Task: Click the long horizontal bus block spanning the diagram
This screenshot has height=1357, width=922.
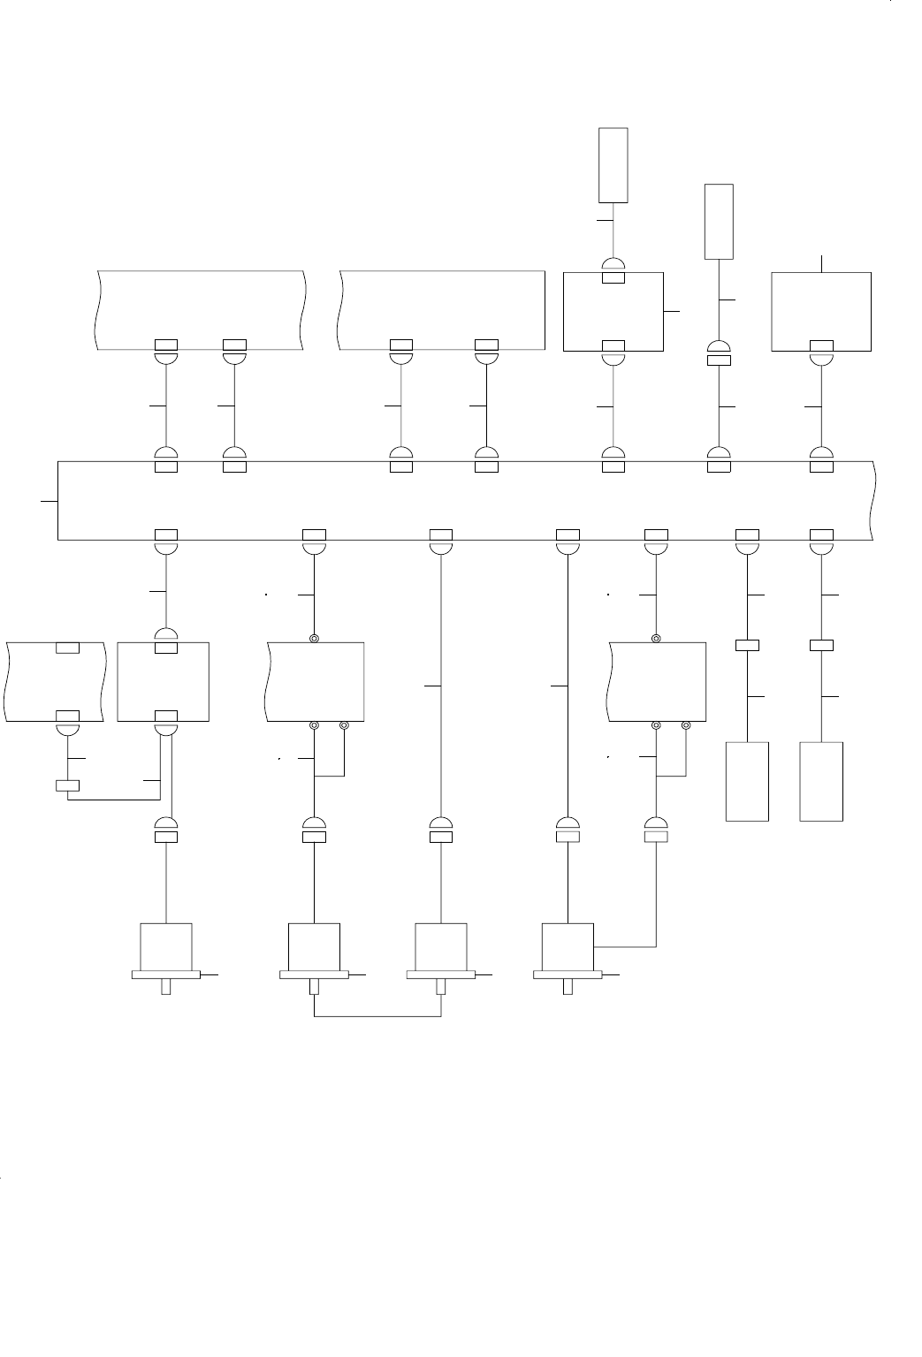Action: click(x=465, y=500)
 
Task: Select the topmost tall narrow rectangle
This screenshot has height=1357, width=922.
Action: click(x=613, y=165)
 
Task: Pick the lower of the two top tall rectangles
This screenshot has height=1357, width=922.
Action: click(x=719, y=222)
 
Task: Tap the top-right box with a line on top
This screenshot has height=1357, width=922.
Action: click(x=821, y=311)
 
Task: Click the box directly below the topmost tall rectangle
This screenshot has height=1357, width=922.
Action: click(x=613, y=311)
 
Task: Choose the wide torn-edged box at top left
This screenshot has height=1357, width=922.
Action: click(x=199, y=309)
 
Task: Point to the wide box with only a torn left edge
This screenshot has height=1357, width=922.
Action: click(x=442, y=309)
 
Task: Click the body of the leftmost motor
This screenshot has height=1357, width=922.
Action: click(x=166, y=946)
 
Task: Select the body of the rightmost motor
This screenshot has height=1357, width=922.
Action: click(x=568, y=946)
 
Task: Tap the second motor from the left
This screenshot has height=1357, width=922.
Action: click(x=315, y=946)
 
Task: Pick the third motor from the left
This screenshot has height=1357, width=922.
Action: click(x=441, y=946)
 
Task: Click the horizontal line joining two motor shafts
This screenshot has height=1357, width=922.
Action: click(x=377, y=1017)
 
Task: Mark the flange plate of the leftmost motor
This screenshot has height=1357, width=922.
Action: click(x=166, y=974)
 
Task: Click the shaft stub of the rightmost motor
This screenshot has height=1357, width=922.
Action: click(x=568, y=987)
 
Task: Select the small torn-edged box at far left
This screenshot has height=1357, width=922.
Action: click(x=56, y=681)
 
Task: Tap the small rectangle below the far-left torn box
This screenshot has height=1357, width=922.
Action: click(x=67, y=785)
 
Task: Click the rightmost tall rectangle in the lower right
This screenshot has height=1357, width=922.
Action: click(x=821, y=782)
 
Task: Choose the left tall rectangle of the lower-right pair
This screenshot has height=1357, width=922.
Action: click(x=747, y=782)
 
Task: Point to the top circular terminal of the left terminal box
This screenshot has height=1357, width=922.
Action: click(x=314, y=639)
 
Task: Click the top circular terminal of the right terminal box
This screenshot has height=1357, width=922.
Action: click(x=656, y=639)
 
